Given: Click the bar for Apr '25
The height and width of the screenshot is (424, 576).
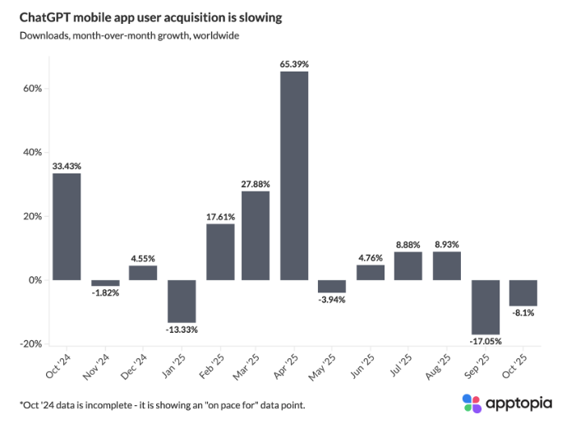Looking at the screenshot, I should pos(294,176).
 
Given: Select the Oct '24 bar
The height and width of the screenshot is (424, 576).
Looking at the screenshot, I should pos(67,227).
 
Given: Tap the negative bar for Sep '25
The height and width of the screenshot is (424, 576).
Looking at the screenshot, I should pos(485,307).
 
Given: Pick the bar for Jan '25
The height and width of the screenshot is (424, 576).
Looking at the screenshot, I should pos(181,302).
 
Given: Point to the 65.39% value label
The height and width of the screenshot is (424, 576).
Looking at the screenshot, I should pos(294,63).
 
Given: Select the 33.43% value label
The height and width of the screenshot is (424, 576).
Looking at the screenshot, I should pos(67,166).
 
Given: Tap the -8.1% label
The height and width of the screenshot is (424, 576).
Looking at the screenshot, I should pos(523,313).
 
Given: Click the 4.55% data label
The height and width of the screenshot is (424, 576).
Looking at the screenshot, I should pos(142,258).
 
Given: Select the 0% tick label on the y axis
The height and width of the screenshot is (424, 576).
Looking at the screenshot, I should pos(34,280).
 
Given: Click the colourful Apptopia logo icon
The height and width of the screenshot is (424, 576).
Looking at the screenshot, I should pos(472,403).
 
